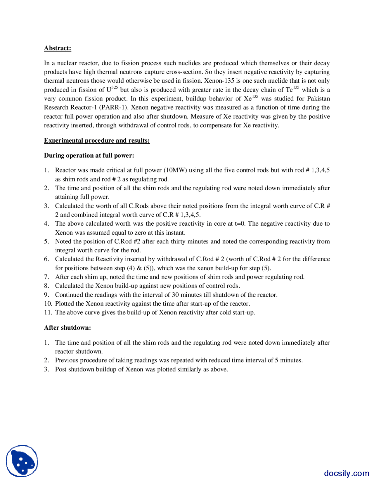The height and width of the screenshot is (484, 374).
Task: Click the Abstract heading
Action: pos(57,48)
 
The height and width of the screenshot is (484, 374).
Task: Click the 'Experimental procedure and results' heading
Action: pos(97,141)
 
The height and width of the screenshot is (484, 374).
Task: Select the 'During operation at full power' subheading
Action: pos(89,155)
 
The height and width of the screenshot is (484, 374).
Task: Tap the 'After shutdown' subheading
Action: pos(67,328)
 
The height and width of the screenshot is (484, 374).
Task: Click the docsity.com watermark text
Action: pos(347,473)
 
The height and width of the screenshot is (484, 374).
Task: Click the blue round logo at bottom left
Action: pos(22,461)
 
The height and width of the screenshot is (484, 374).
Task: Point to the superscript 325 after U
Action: pos(115,87)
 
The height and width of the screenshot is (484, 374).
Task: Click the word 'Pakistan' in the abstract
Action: pos(318,98)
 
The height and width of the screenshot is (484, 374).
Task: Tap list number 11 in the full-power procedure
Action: pos(48,312)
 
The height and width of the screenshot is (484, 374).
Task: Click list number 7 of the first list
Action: pos(46,277)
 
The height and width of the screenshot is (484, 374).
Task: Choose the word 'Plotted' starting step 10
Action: pos(65,304)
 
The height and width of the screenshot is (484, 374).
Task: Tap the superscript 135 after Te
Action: pos(296,87)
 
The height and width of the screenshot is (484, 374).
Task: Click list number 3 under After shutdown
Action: pos(46,369)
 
